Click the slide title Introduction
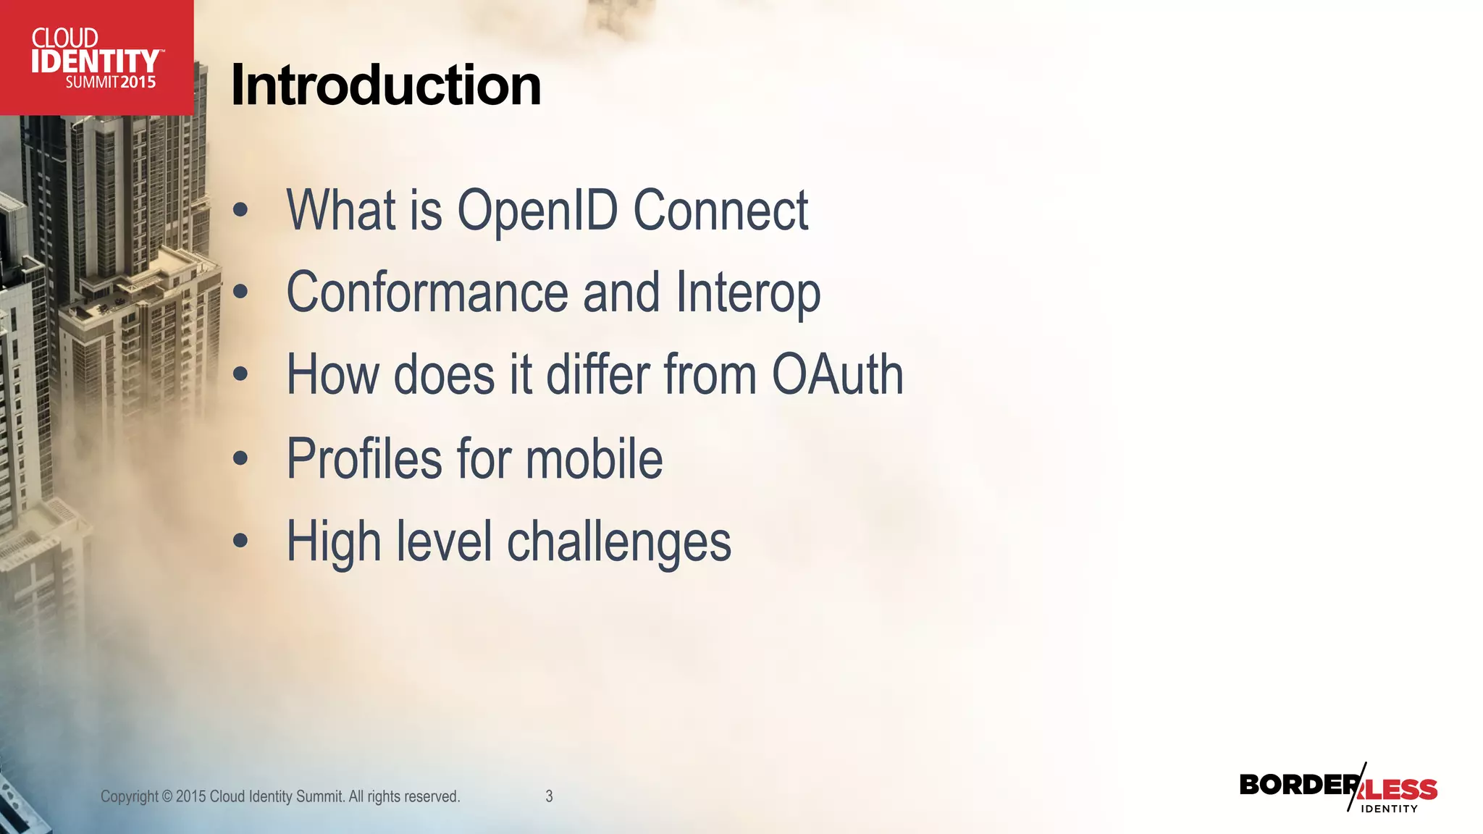coord(385,85)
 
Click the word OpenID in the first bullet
coord(537,211)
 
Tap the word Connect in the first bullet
coord(721,211)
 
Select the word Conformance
coord(427,293)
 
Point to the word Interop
coord(748,293)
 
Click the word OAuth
coord(837,375)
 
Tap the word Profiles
coord(364,459)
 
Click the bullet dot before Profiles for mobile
coord(240,459)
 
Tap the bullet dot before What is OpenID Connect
coord(240,211)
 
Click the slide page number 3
coord(549,796)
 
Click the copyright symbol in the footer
coord(167,796)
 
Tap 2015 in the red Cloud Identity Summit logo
coord(138,83)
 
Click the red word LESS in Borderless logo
coord(1402,790)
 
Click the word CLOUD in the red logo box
coord(65,38)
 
